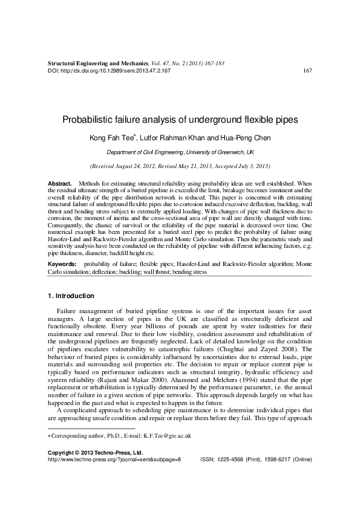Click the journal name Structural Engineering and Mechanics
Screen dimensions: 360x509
tap(97, 63)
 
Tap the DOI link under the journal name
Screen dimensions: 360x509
tap(109, 71)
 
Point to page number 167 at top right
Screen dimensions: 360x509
tap(306, 71)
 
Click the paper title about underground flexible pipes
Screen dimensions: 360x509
tap(180, 120)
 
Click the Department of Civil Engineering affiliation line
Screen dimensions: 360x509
tap(180, 153)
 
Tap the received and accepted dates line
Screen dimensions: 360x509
tap(180, 166)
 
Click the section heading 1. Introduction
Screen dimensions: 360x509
tap(70, 296)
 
